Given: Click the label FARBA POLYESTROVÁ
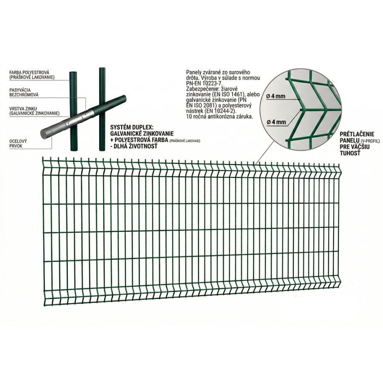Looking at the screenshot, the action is click(29, 72).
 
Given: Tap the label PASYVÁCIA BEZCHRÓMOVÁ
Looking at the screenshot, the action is click(24, 92).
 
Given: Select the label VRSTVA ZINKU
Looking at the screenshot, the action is click(23, 109).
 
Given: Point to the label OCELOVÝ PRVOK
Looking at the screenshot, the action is click(18, 143).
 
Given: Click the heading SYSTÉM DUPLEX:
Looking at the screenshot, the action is click(130, 128).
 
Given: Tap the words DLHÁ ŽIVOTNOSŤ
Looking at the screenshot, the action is click(136, 146).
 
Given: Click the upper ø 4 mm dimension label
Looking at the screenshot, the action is click(276, 96).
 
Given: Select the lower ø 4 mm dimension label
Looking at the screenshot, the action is click(276, 122).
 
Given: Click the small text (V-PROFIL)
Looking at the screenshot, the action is click(364, 141).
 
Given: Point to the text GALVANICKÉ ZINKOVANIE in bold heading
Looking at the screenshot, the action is click(142, 134).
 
